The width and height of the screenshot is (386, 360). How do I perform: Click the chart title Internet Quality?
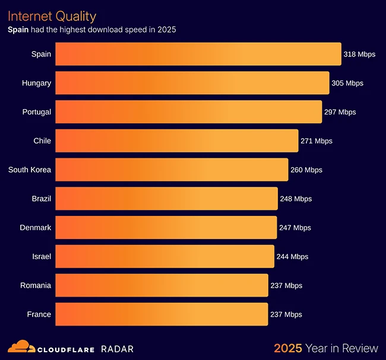point(52,16)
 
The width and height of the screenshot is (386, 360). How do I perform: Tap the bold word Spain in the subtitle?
point(18,29)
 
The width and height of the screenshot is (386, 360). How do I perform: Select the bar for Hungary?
point(192,83)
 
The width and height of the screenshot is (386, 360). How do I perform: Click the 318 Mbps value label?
point(359,54)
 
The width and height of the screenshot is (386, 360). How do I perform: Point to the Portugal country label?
point(37,111)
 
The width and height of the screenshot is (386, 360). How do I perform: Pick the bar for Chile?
point(176,141)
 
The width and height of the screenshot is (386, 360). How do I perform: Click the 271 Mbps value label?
point(317,141)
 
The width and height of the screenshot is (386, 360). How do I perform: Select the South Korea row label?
point(30,170)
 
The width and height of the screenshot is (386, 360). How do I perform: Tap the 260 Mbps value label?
point(306,170)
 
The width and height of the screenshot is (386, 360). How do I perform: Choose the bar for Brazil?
point(166,199)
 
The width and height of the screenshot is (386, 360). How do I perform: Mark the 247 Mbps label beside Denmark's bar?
point(295,228)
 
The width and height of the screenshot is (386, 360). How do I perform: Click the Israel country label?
point(42,256)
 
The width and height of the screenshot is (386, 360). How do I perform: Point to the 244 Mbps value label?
point(292,257)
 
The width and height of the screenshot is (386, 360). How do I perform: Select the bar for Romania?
point(162,285)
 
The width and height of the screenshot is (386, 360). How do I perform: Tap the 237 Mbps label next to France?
point(286,314)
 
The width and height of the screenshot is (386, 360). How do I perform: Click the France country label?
point(39,314)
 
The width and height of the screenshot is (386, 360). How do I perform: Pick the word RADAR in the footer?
point(117,349)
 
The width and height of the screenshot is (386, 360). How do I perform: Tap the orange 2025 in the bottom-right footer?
point(287,348)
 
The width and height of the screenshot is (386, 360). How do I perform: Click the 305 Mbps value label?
point(347,83)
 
